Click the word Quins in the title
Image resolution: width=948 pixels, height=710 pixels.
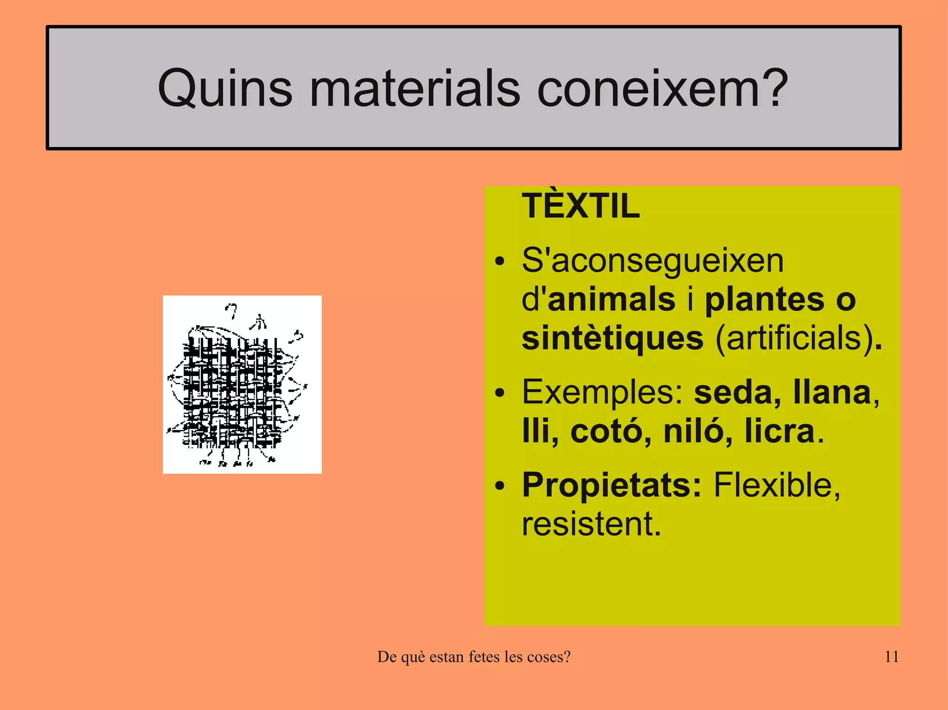pyautogui.click(x=225, y=88)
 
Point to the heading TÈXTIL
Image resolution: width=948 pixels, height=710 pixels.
pyautogui.click(x=580, y=206)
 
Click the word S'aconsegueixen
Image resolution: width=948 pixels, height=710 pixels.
pyautogui.click(x=653, y=261)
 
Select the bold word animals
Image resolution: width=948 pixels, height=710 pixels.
pyautogui.click(x=611, y=299)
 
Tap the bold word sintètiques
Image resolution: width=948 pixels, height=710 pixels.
pyautogui.click(x=612, y=339)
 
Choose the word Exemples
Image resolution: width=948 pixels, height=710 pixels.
pyautogui.click(x=602, y=392)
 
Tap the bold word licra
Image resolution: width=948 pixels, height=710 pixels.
pyautogui.click(x=780, y=431)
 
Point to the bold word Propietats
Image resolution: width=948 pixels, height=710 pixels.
pyautogui.click(x=611, y=486)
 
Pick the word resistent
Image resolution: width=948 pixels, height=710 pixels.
pyautogui.click(x=591, y=524)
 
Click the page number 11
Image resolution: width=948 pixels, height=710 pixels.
pyautogui.click(x=892, y=657)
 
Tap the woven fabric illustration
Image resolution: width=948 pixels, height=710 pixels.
pyautogui.click(x=242, y=384)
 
